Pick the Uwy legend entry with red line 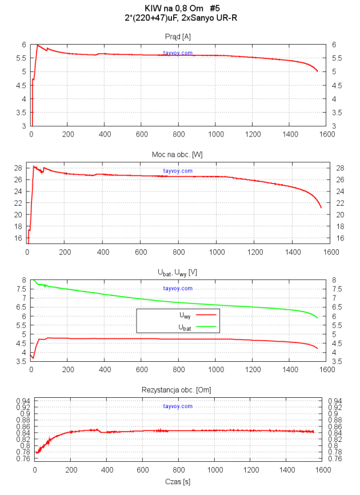coord(189,315)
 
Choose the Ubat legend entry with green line coord(189,326)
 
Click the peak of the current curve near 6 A coord(38,45)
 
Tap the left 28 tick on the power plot coord(20,167)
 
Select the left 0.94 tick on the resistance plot coord(23,401)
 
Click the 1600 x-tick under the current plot coord(327,135)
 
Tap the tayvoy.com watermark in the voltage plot coord(178,289)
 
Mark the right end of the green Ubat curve coord(318,318)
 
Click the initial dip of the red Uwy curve coord(33,358)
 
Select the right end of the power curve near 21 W coord(321,207)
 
